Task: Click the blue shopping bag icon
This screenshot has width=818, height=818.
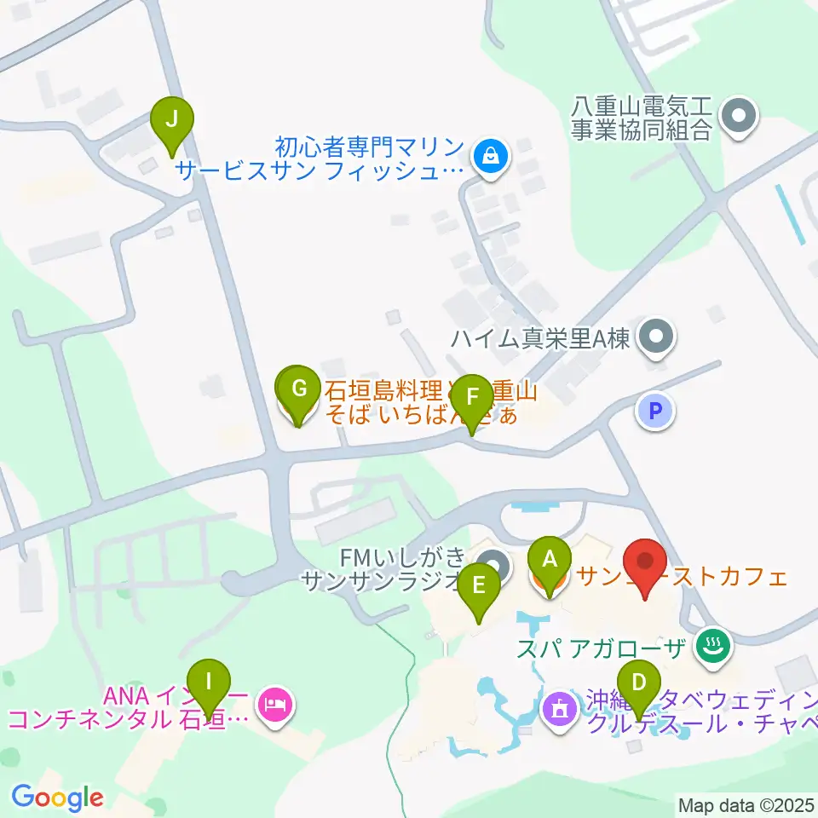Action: point(490,155)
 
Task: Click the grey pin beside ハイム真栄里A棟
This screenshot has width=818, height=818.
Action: point(656,337)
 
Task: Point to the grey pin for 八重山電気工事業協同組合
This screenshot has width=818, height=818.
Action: point(738,117)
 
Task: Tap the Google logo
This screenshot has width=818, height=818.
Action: point(57,798)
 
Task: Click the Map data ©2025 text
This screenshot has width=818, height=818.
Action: point(746,805)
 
